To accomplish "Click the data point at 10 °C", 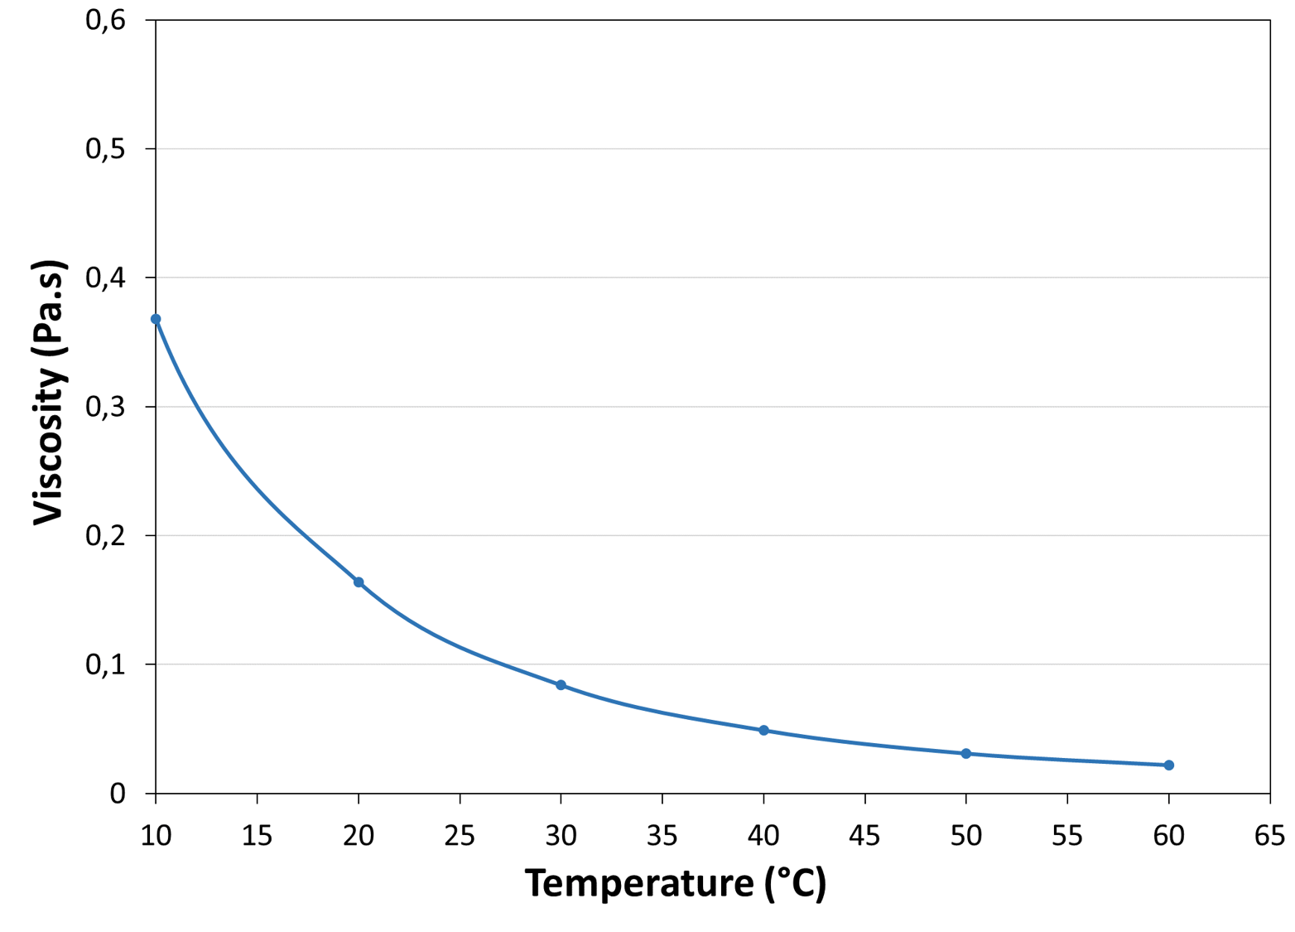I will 156,319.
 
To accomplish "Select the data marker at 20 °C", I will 359,582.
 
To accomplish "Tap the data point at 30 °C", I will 561,685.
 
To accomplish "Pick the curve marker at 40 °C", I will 763,731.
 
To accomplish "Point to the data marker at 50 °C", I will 965,754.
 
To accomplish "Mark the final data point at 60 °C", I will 1168,765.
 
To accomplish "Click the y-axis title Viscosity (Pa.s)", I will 48,394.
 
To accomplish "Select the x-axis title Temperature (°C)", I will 675,883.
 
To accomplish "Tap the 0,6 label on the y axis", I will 105,20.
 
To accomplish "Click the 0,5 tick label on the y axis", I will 105,149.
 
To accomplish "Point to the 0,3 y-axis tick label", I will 105,407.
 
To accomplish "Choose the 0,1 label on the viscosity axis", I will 105,664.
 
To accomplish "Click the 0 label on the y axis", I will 118,794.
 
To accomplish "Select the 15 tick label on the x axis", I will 257,836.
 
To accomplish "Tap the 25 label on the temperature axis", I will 460,836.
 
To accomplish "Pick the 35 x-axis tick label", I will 662,836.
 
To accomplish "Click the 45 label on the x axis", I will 864,836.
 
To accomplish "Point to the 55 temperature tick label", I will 1066,836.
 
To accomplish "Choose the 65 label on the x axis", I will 1269,836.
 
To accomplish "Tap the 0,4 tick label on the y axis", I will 105,278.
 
